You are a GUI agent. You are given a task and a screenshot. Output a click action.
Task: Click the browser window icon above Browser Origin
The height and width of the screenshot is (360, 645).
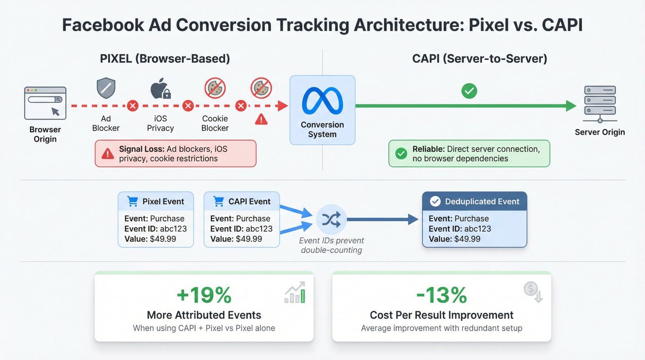(45, 103)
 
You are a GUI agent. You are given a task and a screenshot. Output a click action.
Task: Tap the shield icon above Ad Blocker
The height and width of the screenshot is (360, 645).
(106, 88)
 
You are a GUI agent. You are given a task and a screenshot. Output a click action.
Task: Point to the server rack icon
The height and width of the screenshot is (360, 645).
(600, 103)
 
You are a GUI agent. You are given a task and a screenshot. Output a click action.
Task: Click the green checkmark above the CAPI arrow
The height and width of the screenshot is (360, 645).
(469, 91)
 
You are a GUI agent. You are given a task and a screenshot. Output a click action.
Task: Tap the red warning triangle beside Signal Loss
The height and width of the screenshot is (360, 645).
(108, 154)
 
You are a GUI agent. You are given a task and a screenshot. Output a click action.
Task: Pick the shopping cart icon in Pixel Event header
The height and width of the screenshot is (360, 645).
(133, 201)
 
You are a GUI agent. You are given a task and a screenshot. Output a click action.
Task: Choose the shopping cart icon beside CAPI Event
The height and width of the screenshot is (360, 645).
(219, 201)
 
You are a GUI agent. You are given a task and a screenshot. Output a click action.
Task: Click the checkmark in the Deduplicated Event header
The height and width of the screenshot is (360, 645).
(435, 201)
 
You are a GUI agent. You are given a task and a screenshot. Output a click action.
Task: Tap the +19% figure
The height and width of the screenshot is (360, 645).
(204, 295)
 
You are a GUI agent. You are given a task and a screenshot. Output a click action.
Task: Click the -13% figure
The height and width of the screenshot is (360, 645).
(441, 295)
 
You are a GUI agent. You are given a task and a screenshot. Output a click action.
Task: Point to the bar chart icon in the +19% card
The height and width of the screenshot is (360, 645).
(295, 292)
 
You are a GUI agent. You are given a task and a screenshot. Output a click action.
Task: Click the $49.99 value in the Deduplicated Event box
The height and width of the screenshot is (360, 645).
(467, 239)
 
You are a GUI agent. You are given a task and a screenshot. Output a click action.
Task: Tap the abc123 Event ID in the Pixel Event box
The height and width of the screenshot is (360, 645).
(173, 229)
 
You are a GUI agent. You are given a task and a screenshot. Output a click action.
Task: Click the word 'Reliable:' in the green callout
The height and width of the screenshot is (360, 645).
(428, 149)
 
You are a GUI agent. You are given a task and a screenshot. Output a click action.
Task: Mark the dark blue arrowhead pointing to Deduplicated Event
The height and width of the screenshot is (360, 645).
(413, 219)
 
